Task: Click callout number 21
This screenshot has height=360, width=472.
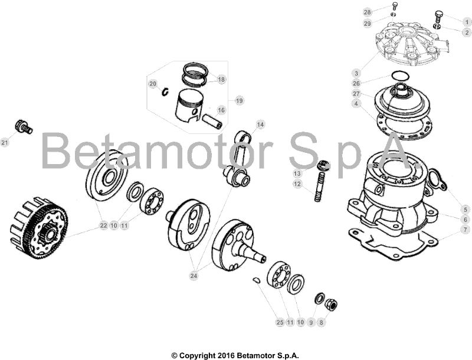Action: click(x=5, y=142)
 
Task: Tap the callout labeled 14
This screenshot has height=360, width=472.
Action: click(x=260, y=124)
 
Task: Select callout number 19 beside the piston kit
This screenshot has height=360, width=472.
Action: click(x=239, y=100)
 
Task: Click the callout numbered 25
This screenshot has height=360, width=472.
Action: click(x=280, y=322)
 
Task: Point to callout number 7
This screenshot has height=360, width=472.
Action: click(x=466, y=228)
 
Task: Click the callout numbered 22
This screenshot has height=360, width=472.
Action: click(x=103, y=225)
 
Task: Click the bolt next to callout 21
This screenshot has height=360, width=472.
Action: click(x=23, y=126)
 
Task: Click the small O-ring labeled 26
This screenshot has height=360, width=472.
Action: click(x=400, y=76)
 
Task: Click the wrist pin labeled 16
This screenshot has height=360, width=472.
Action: click(x=212, y=121)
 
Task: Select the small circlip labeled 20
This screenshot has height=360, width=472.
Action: click(x=166, y=90)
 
